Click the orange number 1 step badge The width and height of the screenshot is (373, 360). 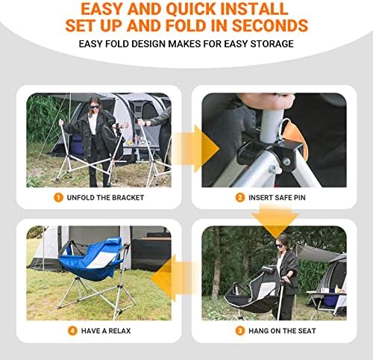58,198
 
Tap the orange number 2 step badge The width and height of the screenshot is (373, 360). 240,198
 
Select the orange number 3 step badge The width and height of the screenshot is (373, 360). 240,331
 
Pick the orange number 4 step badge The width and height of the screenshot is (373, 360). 72,331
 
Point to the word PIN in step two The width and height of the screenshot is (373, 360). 300,198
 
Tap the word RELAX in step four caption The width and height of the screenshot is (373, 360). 119,331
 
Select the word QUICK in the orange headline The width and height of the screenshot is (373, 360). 191,9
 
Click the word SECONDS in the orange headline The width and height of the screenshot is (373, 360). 270,25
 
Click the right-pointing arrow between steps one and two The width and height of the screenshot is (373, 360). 195,149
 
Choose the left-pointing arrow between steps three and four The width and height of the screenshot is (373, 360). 174,278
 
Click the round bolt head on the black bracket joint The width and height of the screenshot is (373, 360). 286,162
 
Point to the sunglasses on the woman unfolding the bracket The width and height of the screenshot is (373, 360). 95,107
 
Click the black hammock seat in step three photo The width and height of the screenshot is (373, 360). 251,294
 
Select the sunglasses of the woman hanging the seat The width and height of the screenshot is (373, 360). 280,246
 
